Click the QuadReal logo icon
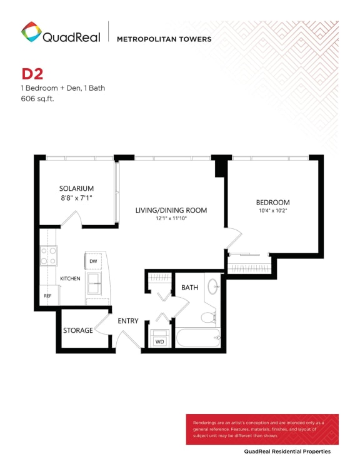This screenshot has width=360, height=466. point(31,33)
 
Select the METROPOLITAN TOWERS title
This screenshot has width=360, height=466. point(164,39)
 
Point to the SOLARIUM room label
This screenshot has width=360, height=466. point(76,188)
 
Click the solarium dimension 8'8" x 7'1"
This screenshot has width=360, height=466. point(76,198)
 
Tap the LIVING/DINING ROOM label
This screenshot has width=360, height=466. point(171,210)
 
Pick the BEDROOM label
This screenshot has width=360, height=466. point(273,202)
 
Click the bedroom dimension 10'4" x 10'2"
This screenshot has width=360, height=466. point(273,211)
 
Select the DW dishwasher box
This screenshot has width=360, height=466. point(92,261)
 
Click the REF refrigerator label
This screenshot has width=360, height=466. point(47,296)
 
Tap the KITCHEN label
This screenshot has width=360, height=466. point(70,278)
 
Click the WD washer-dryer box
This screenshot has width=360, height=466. point(159,342)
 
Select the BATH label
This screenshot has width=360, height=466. point(189,287)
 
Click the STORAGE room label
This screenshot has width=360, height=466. point(78,330)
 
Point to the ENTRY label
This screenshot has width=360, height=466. point(128,321)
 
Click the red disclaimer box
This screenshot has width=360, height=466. point(262,428)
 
